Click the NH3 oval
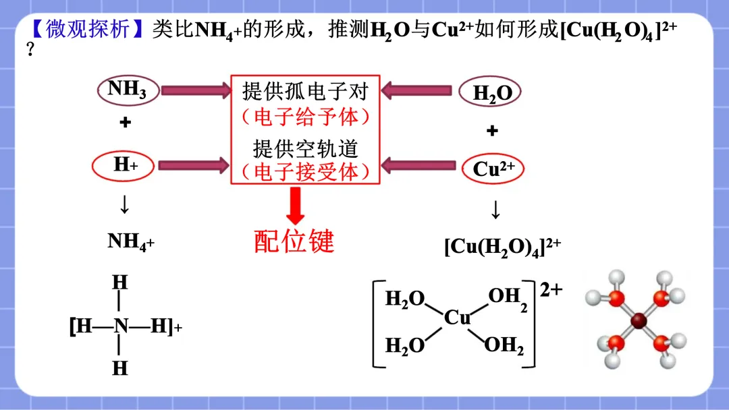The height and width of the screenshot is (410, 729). [128, 90]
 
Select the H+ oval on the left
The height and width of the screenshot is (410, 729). [125, 165]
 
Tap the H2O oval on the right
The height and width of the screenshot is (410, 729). [492, 93]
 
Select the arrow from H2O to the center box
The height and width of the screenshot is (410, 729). [416, 90]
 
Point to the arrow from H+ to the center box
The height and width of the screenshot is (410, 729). [195, 164]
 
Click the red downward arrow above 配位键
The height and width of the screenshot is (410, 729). [295, 205]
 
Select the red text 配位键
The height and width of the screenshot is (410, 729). [294, 241]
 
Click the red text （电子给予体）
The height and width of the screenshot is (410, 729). [306, 117]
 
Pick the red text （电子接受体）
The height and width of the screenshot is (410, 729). [306, 173]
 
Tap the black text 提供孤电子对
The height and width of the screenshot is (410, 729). [306, 91]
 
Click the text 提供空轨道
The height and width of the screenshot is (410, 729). [305, 148]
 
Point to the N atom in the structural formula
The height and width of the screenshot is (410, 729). [121, 327]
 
